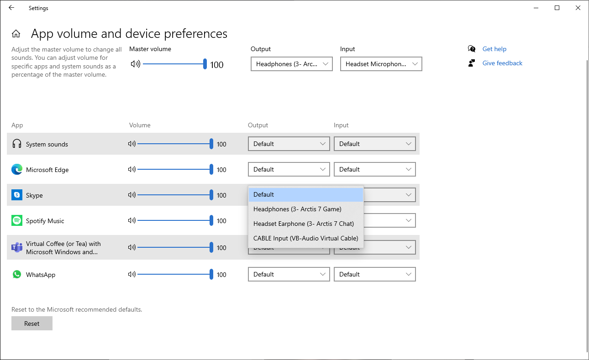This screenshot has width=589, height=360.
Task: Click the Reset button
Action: click(x=32, y=323)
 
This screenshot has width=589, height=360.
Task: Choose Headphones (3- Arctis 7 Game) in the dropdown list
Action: click(x=297, y=209)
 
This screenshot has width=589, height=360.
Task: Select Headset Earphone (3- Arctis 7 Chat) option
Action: click(x=304, y=224)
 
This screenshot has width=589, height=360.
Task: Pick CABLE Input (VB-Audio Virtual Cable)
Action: click(x=305, y=238)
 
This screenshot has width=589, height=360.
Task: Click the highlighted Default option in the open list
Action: click(x=305, y=194)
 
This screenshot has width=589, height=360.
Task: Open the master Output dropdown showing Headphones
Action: click(x=291, y=64)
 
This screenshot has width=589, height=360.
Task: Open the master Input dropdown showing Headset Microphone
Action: click(x=381, y=64)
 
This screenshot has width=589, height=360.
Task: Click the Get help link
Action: click(x=494, y=49)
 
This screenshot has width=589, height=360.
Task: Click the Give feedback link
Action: click(x=502, y=63)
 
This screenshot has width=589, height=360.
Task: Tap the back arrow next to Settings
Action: click(x=11, y=8)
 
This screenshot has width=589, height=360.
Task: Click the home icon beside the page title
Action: click(x=16, y=34)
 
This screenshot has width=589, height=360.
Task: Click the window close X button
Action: click(x=578, y=8)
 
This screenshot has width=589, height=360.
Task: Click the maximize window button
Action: click(x=557, y=8)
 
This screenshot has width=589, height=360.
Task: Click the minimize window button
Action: click(x=536, y=8)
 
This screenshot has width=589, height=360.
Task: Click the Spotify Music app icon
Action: click(x=17, y=221)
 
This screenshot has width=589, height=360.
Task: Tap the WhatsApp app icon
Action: click(x=17, y=274)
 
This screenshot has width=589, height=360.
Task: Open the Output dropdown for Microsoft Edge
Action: click(x=289, y=170)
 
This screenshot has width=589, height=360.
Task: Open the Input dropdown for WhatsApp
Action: click(x=374, y=275)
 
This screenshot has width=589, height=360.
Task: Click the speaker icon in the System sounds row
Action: click(x=132, y=144)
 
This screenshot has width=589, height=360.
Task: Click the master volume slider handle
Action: click(x=205, y=64)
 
